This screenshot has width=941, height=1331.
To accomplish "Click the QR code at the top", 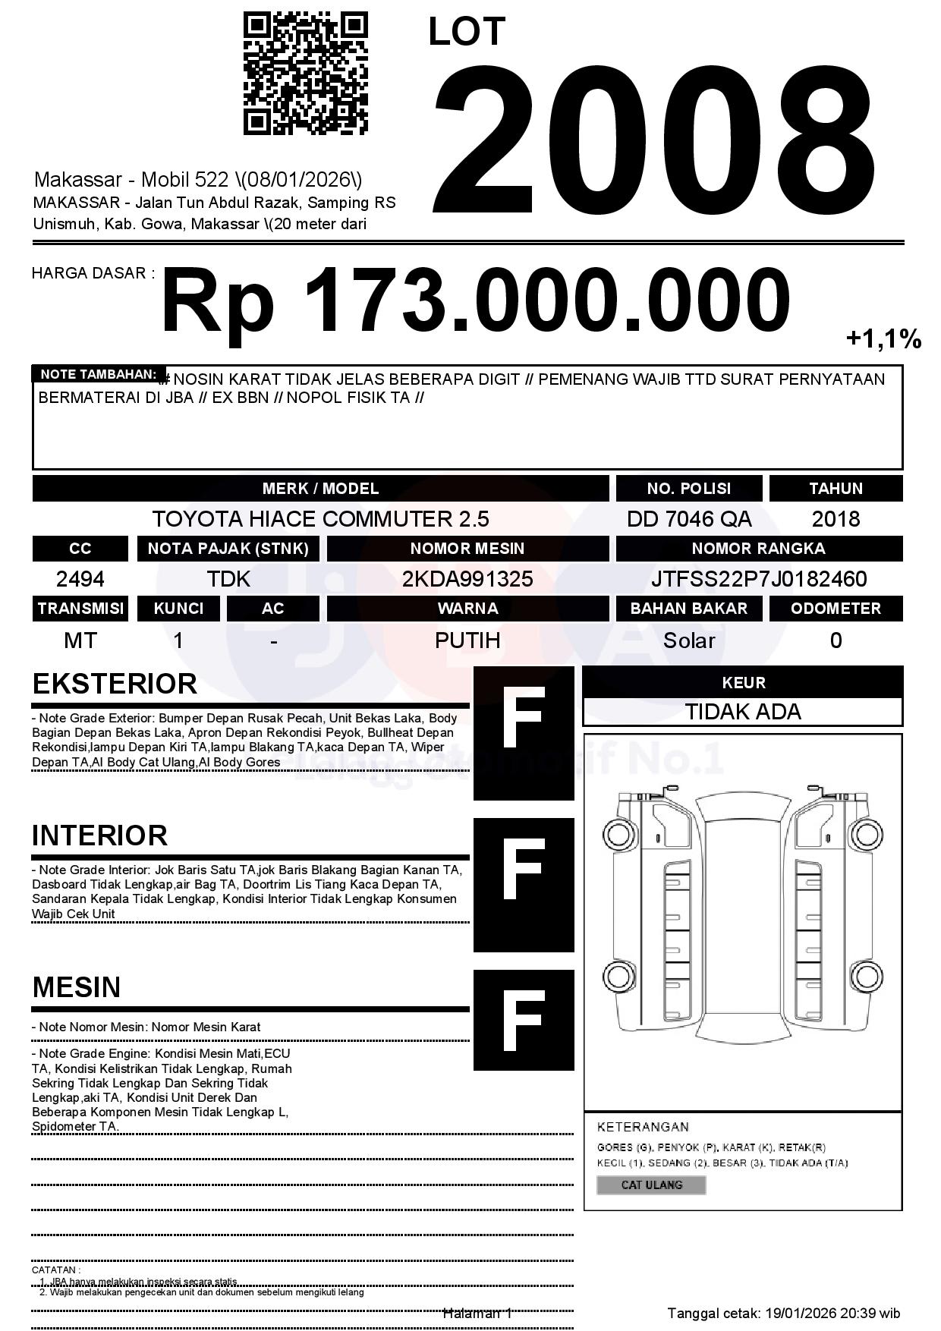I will (x=305, y=73).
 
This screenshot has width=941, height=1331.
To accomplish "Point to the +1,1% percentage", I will (x=883, y=338).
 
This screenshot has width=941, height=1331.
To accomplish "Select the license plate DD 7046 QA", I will (x=688, y=519).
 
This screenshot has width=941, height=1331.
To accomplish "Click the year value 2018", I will (x=836, y=519).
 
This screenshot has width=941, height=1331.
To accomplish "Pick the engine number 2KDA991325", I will (x=467, y=580).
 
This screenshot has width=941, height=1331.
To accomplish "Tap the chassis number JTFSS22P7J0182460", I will (x=759, y=580).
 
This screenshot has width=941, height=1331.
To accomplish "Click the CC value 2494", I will (x=80, y=580).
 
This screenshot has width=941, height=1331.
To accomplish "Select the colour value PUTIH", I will (x=467, y=640).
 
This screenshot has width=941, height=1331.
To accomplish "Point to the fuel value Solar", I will (x=688, y=640).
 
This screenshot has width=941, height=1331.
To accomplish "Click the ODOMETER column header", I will (x=836, y=609).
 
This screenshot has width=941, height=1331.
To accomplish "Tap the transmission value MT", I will (x=80, y=640).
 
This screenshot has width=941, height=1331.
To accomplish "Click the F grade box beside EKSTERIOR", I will (x=524, y=733).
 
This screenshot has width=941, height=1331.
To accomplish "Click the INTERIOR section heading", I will (x=99, y=835).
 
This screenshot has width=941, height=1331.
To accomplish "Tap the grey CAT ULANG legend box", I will (x=651, y=1185).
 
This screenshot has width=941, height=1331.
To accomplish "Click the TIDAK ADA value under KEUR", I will (x=743, y=712).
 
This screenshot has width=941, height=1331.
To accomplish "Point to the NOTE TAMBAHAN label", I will (x=98, y=374).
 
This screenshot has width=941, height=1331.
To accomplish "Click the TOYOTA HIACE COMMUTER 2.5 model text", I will (x=320, y=519).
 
